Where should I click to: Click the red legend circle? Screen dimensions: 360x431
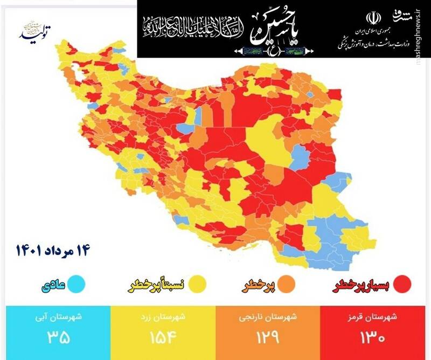point(402,283)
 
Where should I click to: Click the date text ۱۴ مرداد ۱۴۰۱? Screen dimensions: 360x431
point(52,249)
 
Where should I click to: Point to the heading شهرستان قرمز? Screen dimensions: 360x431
point(377,317)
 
